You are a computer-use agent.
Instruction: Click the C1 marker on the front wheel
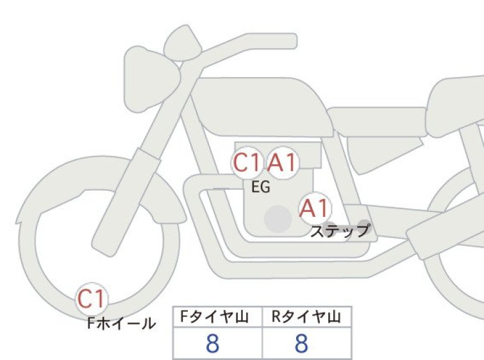point(92,298)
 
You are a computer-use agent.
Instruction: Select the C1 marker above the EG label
point(246,162)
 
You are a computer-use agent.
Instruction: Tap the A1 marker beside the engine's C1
point(283,162)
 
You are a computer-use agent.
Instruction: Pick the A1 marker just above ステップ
point(315,208)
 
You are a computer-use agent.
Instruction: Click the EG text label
point(261,187)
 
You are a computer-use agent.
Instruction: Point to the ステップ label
point(340,230)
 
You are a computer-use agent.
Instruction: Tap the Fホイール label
point(121,323)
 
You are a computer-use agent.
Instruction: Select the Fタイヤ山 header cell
point(217,317)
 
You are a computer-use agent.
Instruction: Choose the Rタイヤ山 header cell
point(307,317)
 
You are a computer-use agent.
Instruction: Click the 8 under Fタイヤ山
point(213,343)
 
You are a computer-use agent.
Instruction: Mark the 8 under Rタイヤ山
point(301,343)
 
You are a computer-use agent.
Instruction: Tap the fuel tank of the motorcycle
point(262,107)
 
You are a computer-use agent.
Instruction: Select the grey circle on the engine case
point(278,219)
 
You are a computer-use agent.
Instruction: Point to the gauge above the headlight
point(183,42)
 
